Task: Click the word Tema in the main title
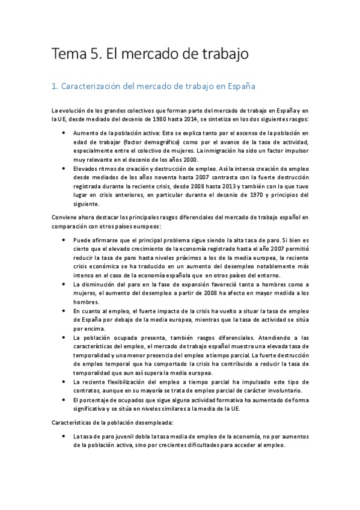[x=68, y=55]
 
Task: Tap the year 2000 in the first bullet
[x=187, y=159]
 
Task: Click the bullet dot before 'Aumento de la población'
[x=64, y=133]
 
